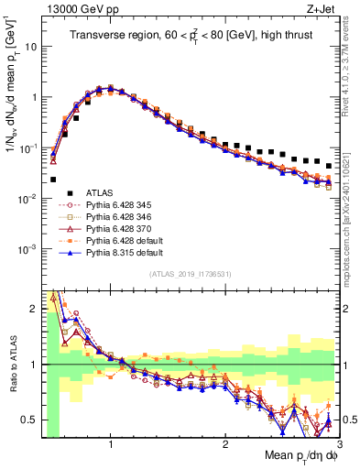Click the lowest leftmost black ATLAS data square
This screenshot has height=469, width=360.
point(53,180)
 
